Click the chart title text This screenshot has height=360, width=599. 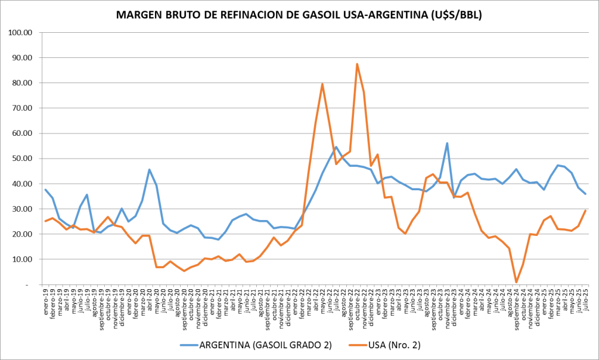[299, 16]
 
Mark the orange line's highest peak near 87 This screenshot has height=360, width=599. [357, 64]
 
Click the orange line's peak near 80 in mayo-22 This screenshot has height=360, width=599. [322, 84]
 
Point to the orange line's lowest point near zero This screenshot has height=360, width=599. [516, 282]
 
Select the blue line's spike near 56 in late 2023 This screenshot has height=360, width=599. [447, 143]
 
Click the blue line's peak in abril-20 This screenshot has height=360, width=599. [149, 170]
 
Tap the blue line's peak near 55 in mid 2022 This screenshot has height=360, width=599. [336, 147]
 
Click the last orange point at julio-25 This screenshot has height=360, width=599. [585, 211]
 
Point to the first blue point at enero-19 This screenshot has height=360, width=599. [46, 190]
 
